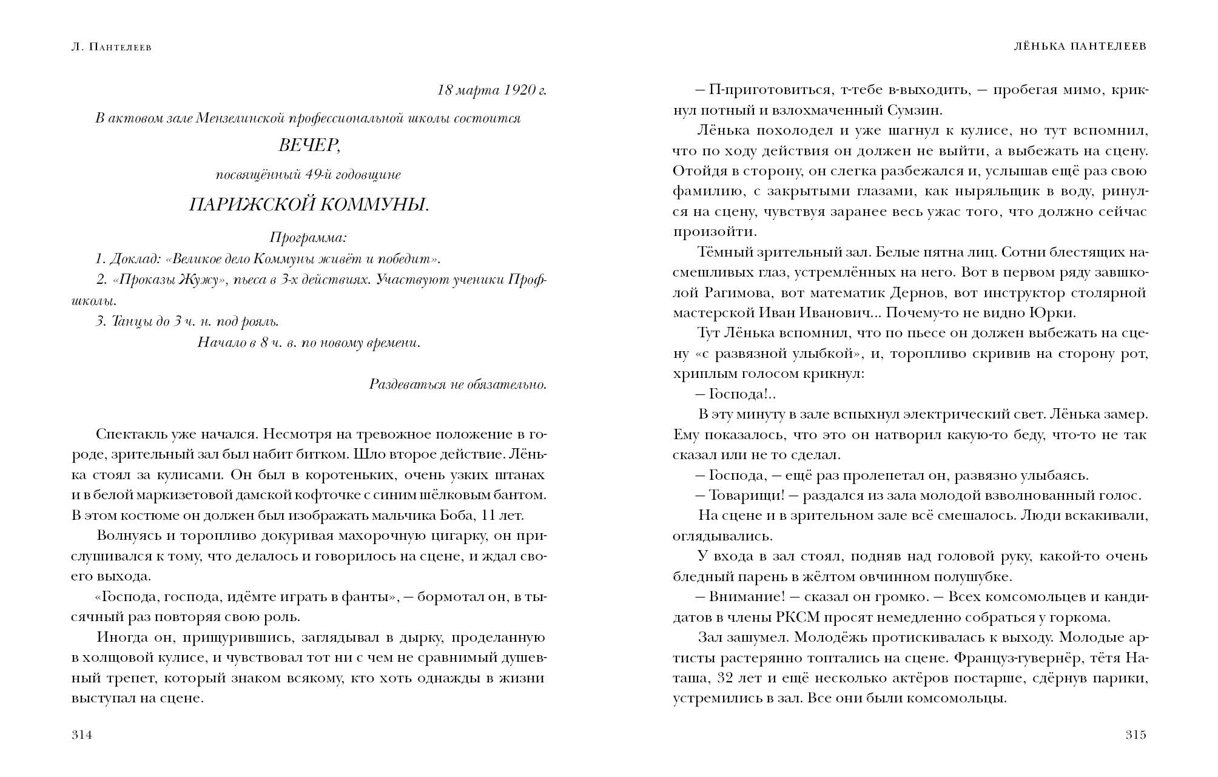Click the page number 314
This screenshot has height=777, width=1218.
pyautogui.click(x=81, y=735)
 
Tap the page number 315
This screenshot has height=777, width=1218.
pyautogui.click(x=1136, y=735)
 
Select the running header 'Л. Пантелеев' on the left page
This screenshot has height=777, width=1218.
pyautogui.click(x=111, y=47)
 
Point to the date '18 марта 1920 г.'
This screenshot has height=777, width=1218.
pyautogui.click(x=491, y=90)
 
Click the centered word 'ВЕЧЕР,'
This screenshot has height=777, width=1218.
pyautogui.click(x=308, y=146)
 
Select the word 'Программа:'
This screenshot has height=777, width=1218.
pyautogui.click(x=308, y=237)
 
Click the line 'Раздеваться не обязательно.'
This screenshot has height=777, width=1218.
pyautogui.click(x=458, y=385)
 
